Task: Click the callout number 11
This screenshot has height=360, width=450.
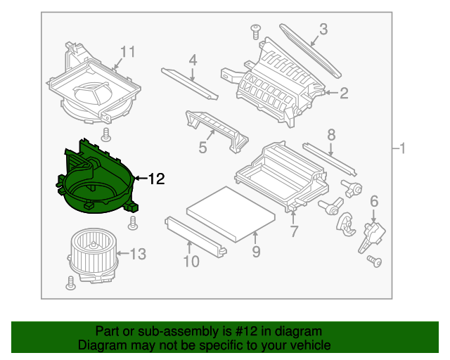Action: coord(127,52)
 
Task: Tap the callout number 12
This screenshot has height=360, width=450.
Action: coord(155,179)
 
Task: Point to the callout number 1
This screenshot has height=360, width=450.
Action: coord(401,148)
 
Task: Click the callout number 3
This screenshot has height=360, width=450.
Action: coord(323,29)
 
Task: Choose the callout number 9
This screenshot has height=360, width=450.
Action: coord(256,250)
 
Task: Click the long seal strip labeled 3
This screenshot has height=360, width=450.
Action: coord(310,51)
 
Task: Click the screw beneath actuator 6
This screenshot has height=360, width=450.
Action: coord(373,262)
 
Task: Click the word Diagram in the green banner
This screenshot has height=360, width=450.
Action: coord(98,345)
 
